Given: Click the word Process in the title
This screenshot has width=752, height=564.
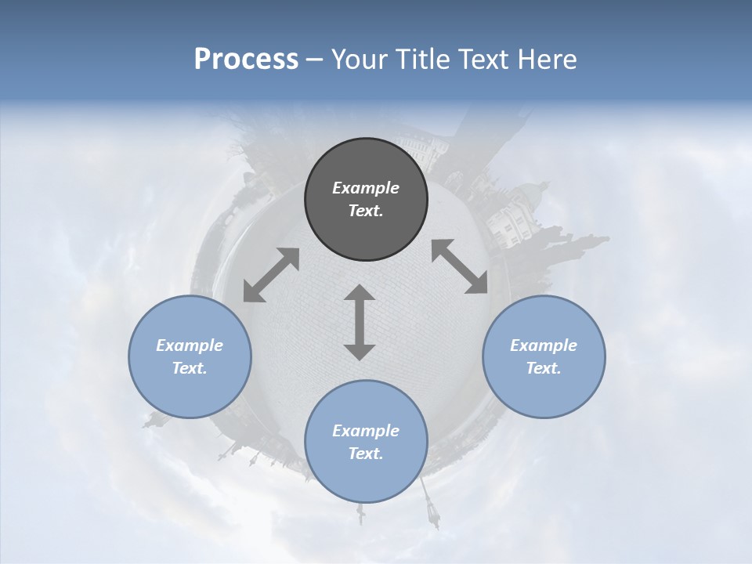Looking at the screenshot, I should [246, 60].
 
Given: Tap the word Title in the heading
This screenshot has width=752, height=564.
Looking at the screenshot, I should [421, 60].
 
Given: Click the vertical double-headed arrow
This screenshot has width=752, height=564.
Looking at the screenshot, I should [360, 322].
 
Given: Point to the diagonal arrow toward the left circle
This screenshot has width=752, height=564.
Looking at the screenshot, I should [271, 275].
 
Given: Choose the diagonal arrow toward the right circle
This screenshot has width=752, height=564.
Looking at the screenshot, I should [460, 266].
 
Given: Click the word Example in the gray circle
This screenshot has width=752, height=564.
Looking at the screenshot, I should [366, 188].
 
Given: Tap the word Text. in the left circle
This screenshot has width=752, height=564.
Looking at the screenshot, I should [190, 368].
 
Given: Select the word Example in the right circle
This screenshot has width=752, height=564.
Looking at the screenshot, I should [544, 345].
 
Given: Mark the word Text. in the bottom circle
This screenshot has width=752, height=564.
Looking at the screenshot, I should [366, 454].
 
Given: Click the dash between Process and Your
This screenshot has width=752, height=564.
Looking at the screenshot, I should [314, 60].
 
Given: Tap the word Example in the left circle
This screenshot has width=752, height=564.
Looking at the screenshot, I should [190, 345].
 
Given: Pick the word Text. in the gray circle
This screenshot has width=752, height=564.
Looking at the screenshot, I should [366, 211].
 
